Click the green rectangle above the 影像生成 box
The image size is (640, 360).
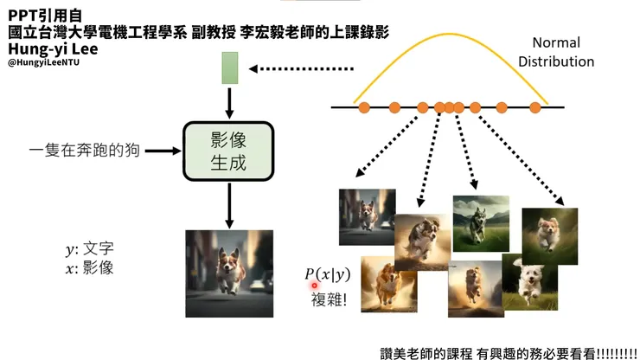(229, 67)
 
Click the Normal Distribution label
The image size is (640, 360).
(563, 52)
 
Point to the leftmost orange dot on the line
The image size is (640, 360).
(364, 107)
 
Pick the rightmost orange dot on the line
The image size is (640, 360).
(534, 107)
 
